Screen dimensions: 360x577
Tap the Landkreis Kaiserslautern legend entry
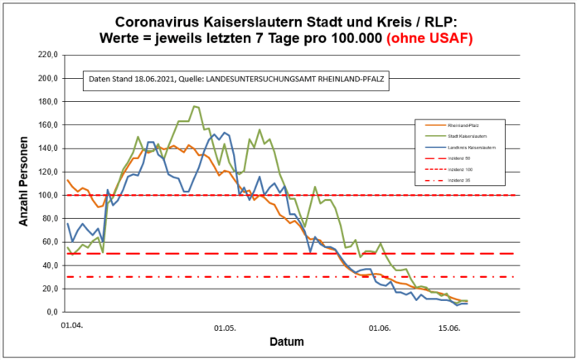(468, 147)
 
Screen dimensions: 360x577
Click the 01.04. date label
(72, 326)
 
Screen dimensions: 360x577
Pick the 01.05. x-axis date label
(225, 327)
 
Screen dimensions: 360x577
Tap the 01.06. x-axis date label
(379, 327)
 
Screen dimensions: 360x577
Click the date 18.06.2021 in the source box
(153, 80)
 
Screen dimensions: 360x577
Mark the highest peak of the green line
(195, 106)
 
